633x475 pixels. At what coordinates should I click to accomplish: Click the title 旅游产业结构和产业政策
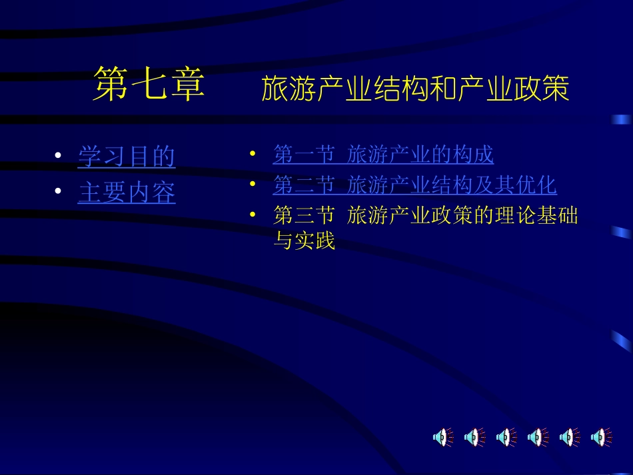click(x=415, y=89)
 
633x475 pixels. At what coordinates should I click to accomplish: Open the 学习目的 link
click(x=127, y=157)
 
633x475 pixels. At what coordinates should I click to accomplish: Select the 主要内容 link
click(x=127, y=193)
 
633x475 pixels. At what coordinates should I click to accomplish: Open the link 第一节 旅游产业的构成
click(x=383, y=155)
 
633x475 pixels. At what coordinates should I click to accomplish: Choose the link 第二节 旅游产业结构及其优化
click(x=414, y=185)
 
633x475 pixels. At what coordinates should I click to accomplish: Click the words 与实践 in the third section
click(x=305, y=240)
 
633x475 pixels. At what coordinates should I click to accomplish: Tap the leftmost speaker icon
click(x=441, y=437)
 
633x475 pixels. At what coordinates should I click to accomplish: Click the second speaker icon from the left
click(x=473, y=437)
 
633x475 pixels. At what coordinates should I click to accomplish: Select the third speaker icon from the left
click(x=505, y=437)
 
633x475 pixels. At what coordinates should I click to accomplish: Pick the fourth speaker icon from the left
click(x=537, y=437)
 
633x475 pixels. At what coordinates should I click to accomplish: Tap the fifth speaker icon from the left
click(x=569, y=437)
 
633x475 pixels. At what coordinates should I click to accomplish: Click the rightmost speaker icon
click(x=601, y=437)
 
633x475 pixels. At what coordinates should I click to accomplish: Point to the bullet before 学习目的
click(x=59, y=157)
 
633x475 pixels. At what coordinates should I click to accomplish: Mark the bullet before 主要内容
click(x=59, y=193)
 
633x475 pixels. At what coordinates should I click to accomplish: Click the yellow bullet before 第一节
click(x=253, y=153)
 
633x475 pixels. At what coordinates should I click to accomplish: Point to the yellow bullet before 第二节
click(x=253, y=183)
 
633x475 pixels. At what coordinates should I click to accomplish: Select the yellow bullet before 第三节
click(x=253, y=214)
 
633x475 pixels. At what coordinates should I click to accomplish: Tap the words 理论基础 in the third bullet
click(x=546, y=215)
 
